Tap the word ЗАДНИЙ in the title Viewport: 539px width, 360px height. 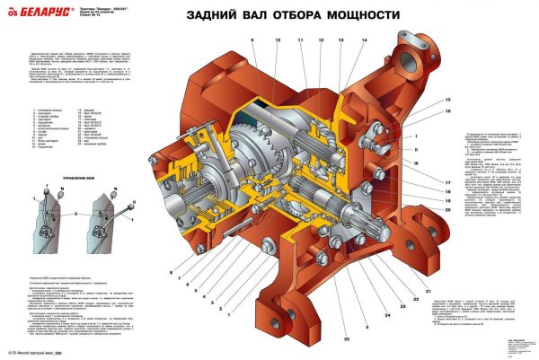click(212, 15)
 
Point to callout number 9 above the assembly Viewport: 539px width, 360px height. click(252, 41)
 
